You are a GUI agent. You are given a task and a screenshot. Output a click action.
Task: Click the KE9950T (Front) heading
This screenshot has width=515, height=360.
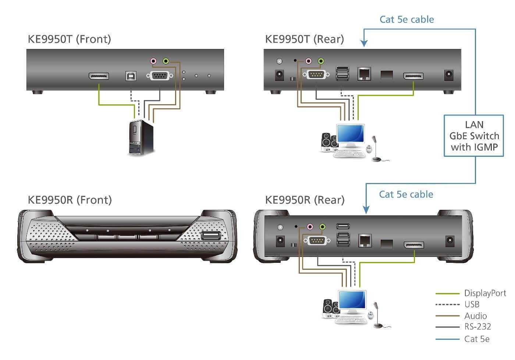click(x=70, y=39)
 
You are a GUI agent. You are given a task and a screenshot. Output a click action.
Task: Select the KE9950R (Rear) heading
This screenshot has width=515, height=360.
click(x=305, y=200)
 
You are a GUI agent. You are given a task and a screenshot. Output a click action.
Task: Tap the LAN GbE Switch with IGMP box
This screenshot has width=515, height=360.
click(x=474, y=136)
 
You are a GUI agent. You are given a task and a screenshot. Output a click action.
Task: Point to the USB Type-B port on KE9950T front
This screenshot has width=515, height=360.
click(x=131, y=76)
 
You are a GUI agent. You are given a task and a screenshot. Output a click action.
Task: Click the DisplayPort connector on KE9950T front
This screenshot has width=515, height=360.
click(x=99, y=76)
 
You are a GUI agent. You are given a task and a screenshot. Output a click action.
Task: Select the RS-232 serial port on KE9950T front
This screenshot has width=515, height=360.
click(x=160, y=76)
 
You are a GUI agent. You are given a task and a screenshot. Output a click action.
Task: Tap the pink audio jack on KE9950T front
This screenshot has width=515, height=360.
click(x=153, y=61)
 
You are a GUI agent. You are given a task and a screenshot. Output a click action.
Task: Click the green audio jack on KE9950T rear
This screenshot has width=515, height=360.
click(x=321, y=61)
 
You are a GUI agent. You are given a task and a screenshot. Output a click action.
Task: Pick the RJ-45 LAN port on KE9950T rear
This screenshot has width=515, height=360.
click(x=364, y=74)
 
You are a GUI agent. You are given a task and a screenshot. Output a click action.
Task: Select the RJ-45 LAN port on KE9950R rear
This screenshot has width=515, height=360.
click(x=365, y=240)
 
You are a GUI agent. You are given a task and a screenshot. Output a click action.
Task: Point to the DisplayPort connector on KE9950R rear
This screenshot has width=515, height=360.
click(x=414, y=245)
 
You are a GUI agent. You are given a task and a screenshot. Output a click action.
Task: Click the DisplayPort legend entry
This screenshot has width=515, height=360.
click(x=485, y=293)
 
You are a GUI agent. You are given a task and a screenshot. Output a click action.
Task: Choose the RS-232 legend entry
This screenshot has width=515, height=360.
click(x=477, y=327)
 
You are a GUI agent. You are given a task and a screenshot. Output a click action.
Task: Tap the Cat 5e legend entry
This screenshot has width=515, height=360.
click(x=477, y=339)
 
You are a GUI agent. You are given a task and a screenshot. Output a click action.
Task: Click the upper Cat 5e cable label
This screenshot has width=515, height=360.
click(x=406, y=20)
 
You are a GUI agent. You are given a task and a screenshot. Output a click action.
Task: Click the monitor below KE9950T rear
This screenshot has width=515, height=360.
click(x=351, y=135)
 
